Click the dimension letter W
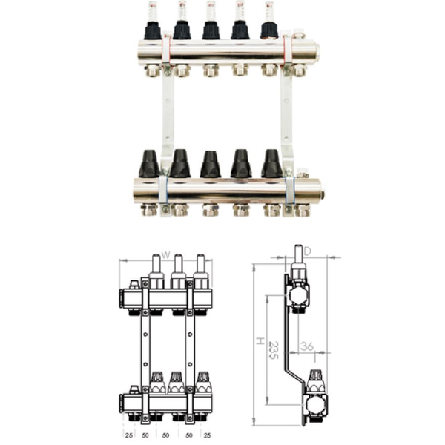pos(165,255)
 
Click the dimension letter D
pos(308,251)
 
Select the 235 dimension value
pos(273,350)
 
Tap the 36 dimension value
pos(307,346)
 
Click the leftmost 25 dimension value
pos(129,435)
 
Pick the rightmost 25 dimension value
pos(208,435)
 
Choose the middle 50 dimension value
pos(165,435)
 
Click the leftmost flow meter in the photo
pos(152,21)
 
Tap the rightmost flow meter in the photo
pos(268,21)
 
